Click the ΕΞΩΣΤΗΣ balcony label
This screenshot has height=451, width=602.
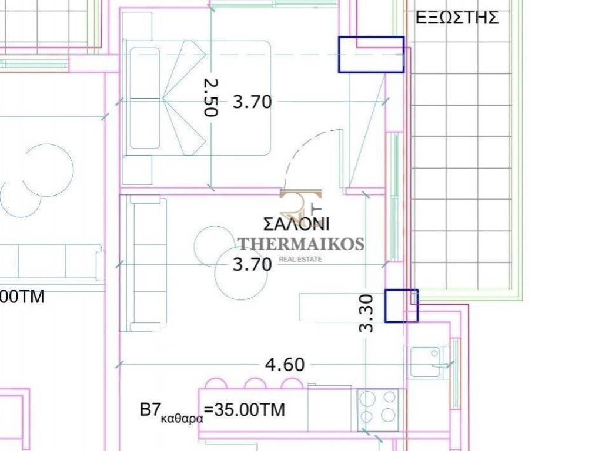pyautogui.click(x=457, y=18)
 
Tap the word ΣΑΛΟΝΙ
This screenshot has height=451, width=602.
pyautogui.click(x=296, y=224)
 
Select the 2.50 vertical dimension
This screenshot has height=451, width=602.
pyautogui.click(x=211, y=97)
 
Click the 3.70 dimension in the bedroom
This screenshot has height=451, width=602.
pyautogui.click(x=252, y=102)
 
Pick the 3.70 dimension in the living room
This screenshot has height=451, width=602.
pyautogui.click(x=252, y=265)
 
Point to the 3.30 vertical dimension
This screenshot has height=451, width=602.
pyautogui.click(x=366, y=313)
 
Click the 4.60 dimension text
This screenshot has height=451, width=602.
pyautogui.click(x=285, y=364)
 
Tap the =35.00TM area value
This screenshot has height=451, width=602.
pyautogui.click(x=245, y=410)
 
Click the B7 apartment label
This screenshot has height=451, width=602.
pyautogui.click(x=150, y=410)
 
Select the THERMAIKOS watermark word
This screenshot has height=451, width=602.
pyautogui.click(x=301, y=244)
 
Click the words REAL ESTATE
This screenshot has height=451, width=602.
pyautogui.click(x=300, y=259)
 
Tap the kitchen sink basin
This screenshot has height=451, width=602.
pyautogui.click(x=424, y=362)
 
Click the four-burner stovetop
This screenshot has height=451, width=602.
pyautogui.click(x=378, y=409)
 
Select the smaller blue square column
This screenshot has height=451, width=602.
pyautogui.click(x=401, y=305)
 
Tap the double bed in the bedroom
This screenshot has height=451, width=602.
pyautogui.click(x=197, y=98)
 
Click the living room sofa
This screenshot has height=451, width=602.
pyautogui.click(x=143, y=264)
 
